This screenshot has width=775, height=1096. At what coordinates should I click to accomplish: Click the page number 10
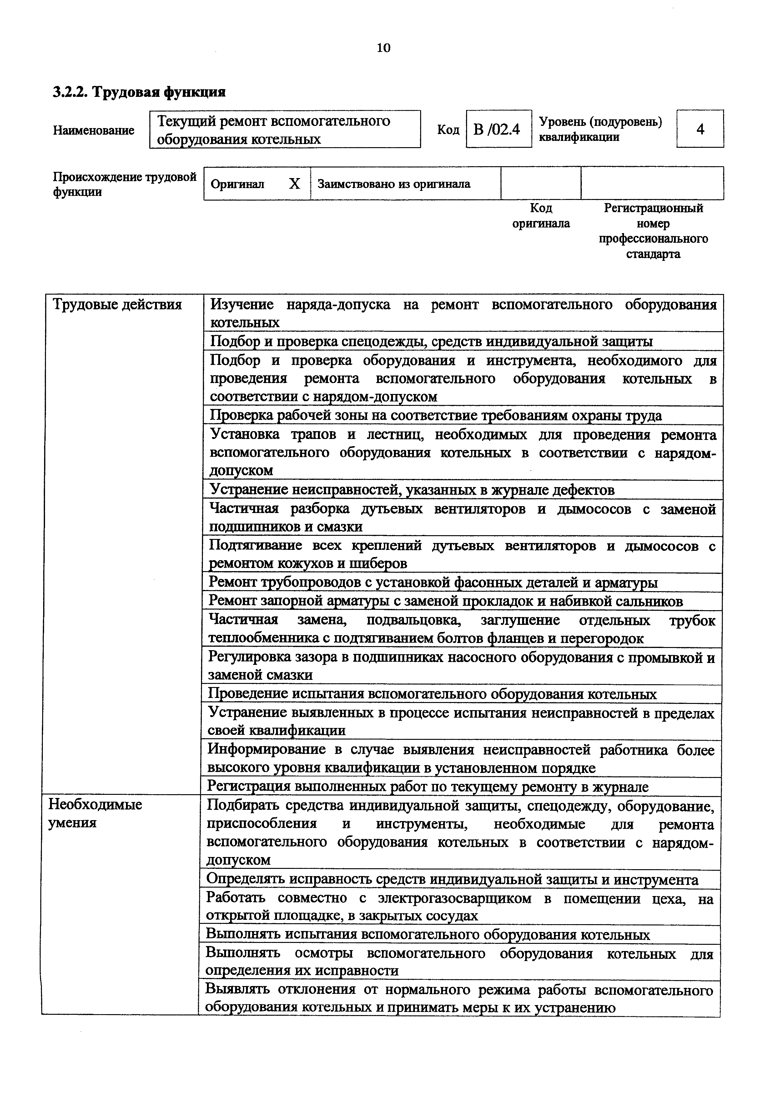tap(384, 48)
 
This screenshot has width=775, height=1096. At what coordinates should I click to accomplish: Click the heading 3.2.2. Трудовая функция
tap(139, 92)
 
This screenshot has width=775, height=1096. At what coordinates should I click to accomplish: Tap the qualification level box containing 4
tap(700, 129)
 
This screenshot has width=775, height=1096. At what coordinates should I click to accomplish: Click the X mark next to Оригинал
tap(294, 184)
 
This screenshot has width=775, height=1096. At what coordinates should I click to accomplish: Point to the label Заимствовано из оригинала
tap(394, 184)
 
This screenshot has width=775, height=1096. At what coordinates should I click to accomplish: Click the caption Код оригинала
tap(541, 216)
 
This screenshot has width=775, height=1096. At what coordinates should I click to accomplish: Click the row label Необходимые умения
tap(95, 813)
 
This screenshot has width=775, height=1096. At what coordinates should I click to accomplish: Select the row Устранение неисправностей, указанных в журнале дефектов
tap(412, 490)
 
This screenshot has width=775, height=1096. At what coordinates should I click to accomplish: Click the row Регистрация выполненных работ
tap(428, 787)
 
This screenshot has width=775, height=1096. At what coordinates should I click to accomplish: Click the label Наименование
tap(93, 130)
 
